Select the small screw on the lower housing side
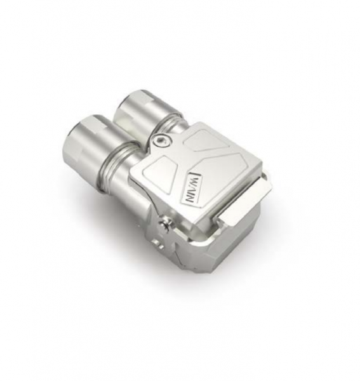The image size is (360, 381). click(x=166, y=222)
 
